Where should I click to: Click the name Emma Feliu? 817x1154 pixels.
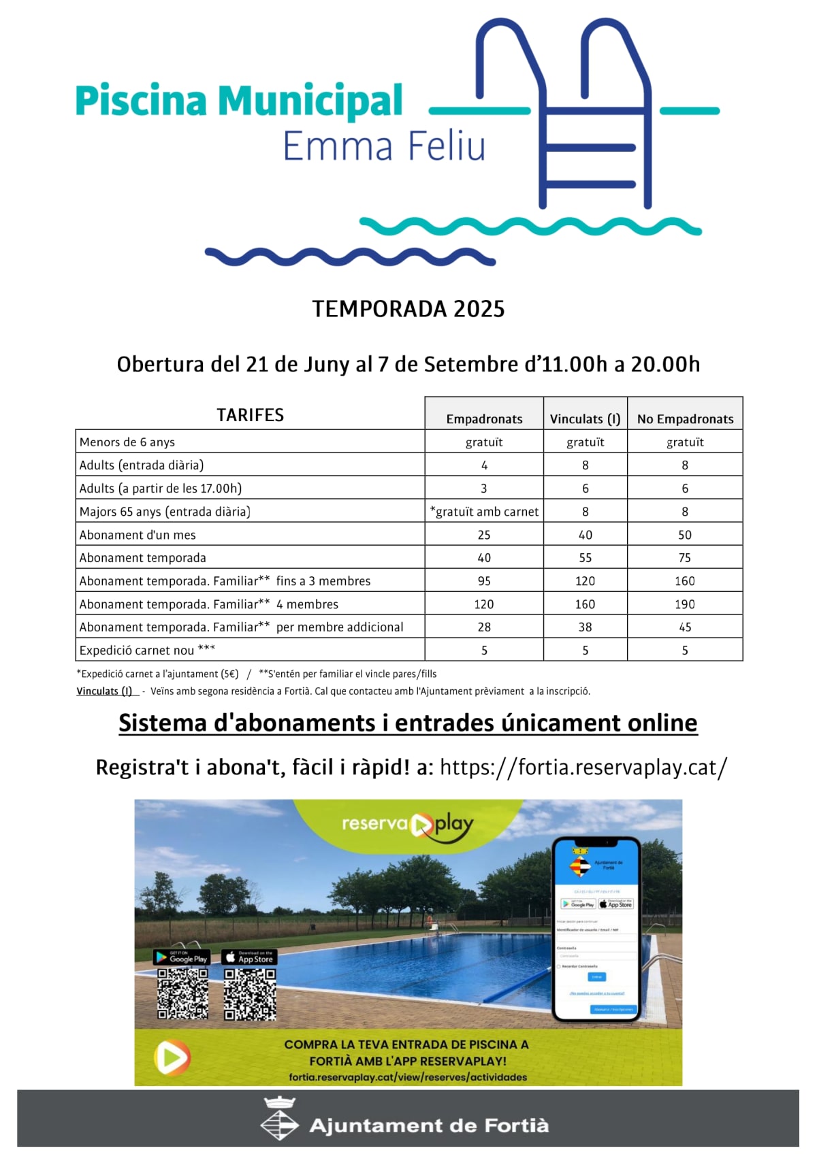384,146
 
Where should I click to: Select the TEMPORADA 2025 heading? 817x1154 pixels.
408,309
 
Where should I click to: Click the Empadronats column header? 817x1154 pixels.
484,419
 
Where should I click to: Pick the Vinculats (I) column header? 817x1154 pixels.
585,419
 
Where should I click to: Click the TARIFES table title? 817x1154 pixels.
250,415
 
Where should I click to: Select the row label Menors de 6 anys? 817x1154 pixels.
127,442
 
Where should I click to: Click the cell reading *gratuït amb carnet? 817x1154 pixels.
484,512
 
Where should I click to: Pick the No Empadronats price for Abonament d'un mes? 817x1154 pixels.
684,535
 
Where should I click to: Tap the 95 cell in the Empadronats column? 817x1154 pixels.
484,581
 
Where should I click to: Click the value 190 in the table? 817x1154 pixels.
684,604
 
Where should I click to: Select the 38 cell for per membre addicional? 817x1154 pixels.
585,627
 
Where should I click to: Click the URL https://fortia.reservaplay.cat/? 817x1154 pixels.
583,768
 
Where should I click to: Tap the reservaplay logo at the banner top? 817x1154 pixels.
407,825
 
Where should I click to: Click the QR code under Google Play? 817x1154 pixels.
182,993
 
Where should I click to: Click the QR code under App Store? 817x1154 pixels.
250,993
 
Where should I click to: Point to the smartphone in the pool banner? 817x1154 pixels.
596,929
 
